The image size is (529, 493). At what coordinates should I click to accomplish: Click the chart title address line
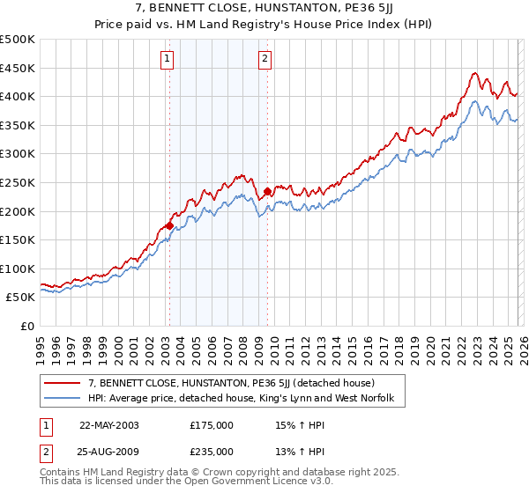(x=264, y=9)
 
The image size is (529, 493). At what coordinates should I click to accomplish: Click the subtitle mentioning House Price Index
(x=264, y=24)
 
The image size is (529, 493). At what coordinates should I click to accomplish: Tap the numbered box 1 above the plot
(x=168, y=59)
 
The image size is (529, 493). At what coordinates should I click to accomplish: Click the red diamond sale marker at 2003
(x=169, y=226)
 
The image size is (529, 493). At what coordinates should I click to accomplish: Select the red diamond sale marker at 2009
(x=267, y=191)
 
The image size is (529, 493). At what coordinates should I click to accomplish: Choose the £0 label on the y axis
(x=26, y=326)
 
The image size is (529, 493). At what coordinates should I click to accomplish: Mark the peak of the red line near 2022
(x=474, y=73)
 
